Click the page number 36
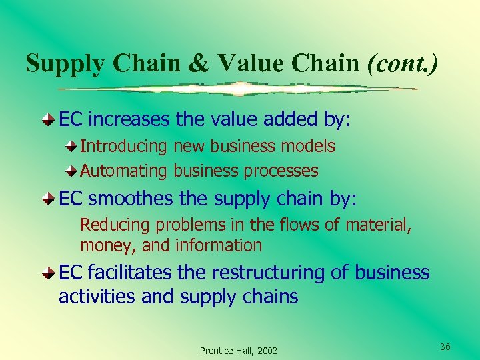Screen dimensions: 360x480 click(x=445, y=346)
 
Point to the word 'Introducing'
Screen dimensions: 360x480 click(x=124, y=146)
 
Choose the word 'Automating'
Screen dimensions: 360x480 click(x=124, y=171)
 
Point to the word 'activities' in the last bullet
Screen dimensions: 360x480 click(x=97, y=297)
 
